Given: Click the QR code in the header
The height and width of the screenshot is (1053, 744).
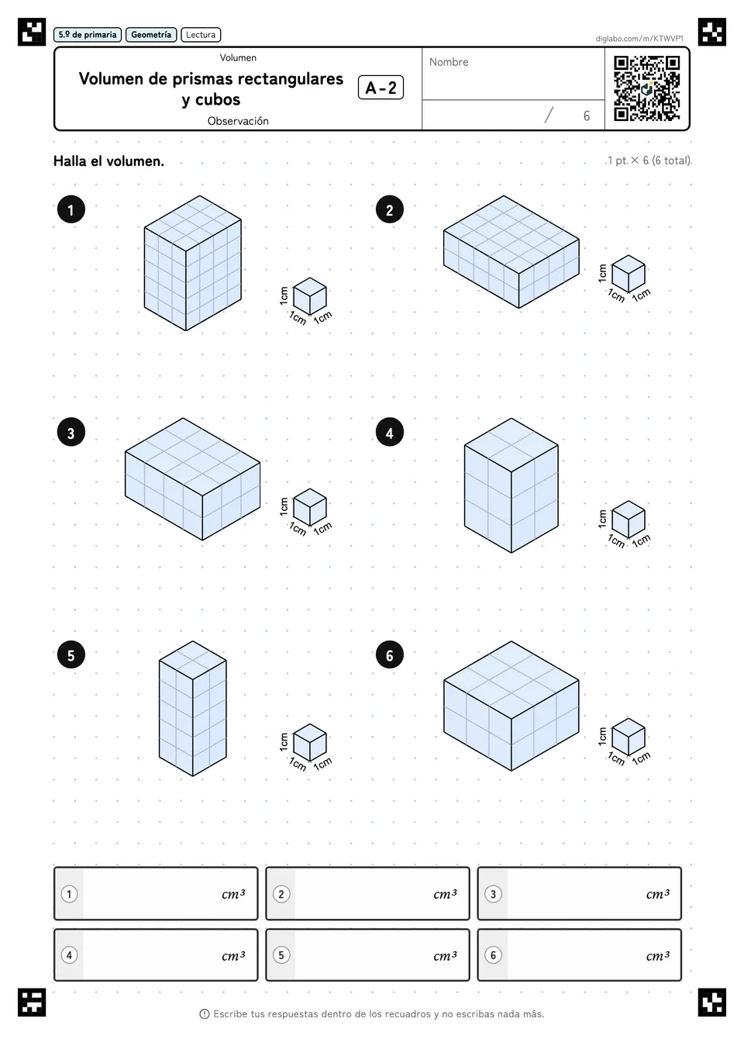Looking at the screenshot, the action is click(x=647, y=88).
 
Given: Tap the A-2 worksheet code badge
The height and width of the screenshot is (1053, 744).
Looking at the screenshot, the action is click(x=381, y=88).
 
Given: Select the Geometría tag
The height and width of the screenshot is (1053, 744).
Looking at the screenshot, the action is click(x=151, y=35).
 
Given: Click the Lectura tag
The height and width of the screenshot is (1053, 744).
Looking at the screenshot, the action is click(x=201, y=35).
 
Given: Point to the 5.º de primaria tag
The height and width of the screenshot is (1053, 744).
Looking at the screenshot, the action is click(x=88, y=35).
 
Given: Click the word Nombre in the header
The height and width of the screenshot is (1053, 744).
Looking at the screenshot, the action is click(x=449, y=62).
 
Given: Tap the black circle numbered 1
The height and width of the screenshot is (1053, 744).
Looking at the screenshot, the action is click(x=71, y=209).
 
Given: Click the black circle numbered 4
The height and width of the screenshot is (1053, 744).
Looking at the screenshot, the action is click(x=389, y=432).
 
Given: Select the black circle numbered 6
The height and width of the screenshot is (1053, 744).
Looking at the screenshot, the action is click(x=389, y=655).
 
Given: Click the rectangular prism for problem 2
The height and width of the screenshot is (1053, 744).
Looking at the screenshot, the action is click(x=511, y=252).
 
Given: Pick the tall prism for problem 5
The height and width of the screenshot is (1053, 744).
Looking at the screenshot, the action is click(x=192, y=709).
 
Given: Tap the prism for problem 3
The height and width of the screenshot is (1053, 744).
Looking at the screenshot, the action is click(x=192, y=479).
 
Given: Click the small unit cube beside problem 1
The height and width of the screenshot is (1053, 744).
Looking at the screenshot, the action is click(x=310, y=297).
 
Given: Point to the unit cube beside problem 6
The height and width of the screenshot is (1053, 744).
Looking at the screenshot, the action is click(x=629, y=737).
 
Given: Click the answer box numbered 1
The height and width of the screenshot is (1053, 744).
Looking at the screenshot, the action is click(x=156, y=893).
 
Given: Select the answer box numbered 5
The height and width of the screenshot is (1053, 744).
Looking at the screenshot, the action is click(x=368, y=955).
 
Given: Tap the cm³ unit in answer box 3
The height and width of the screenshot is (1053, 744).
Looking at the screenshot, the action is click(x=657, y=893).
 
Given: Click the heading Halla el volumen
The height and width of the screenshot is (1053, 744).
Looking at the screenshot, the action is click(x=108, y=161).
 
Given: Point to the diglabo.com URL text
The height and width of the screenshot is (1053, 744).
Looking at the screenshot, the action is click(x=639, y=39).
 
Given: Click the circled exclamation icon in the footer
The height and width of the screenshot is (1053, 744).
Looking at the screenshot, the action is click(x=205, y=1014).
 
